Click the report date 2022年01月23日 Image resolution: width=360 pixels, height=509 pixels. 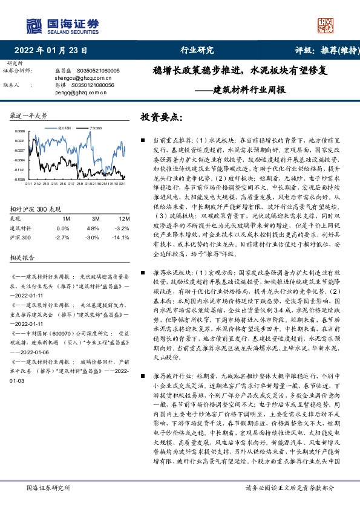[54, 50]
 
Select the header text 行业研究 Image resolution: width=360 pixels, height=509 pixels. [197, 50]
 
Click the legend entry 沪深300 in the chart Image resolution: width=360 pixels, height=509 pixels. [95, 128]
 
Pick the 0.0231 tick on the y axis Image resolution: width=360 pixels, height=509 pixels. [20, 140]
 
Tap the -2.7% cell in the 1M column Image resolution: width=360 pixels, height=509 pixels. [63, 238]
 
